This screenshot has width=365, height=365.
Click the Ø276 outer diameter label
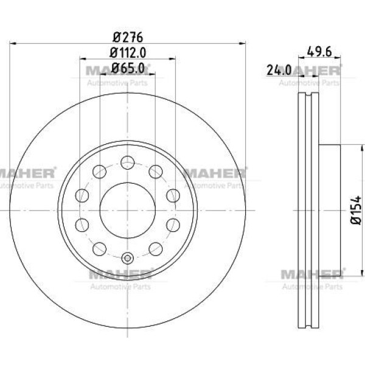[128, 37]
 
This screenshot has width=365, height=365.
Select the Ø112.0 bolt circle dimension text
[128, 52]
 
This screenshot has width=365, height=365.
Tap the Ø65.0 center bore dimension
[128, 68]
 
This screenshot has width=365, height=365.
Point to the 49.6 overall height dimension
[319, 52]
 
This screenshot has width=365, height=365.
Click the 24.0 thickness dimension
[279, 69]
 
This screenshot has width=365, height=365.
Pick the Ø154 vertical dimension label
[356, 210]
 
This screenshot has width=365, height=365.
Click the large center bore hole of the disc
[128, 210]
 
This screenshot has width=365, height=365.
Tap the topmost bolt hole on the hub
[128, 162]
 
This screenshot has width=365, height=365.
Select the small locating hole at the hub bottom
[128, 258]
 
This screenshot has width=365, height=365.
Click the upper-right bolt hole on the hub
[156, 172]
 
